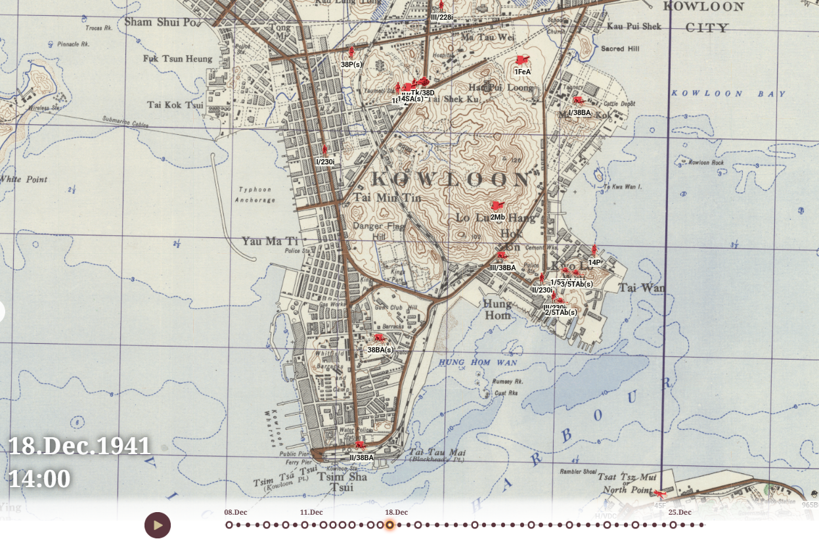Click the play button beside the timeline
[x=158, y=525]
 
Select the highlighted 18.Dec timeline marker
[x=389, y=525]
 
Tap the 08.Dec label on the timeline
[x=236, y=513]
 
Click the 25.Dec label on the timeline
[x=680, y=513]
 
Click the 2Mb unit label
[x=497, y=217]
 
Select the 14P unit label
[x=594, y=262]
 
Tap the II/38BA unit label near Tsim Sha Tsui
[x=361, y=458]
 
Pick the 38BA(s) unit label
[x=380, y=350]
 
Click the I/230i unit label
[x=325, y=162]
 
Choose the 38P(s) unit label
[x=351, y=64]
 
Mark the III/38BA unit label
[x=503, y=268]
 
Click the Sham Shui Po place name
[x=160, y=22]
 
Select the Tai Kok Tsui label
[x=175, y=105]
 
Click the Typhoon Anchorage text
[x=255, y=195]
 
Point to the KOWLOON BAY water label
[x=728, y=94]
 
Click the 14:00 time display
[x=39, y=479]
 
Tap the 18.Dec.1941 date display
[x=79, y=446]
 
